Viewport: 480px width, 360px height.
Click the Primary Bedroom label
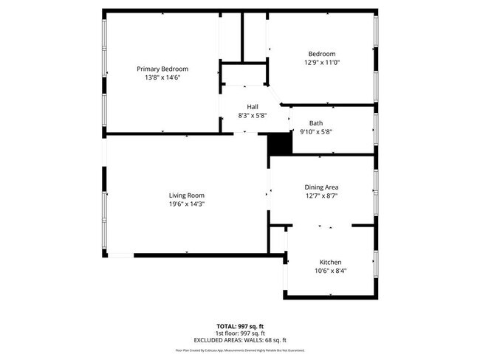[x=162, y=69]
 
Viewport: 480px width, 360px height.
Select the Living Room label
[x=186, y=195]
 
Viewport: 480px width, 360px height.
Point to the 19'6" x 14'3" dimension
[x=186, y=204]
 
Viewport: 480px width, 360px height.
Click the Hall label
[x=253, y=107]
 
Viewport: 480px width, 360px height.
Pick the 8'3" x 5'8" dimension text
[x=253, y=116]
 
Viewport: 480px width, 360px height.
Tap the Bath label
[x=316, y=123]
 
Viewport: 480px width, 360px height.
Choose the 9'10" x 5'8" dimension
[x=316, y=132]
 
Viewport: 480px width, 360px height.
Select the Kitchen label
[x=330, y=263]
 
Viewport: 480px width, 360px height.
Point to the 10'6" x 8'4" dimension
[x=330, y=271]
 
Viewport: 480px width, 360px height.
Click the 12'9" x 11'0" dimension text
[x=322, y=63]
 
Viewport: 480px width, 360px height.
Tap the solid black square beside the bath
[x=278, y=142]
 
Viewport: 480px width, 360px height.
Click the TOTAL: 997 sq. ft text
[x=239, y=325]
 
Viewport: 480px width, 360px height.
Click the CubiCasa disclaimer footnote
[x=239, y=350]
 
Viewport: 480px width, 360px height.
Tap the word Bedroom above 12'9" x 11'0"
[x=322, y=54]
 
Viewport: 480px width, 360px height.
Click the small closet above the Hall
[x=242, y=75]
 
